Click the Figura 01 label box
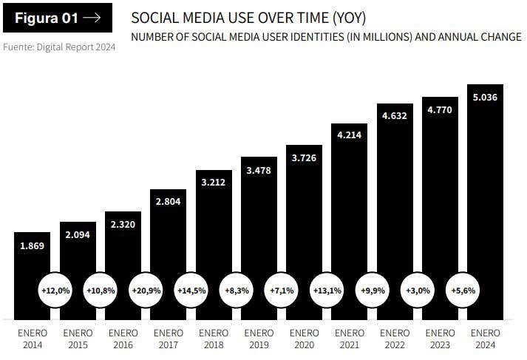pyautogui.click(x=58, y=18)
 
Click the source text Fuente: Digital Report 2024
pyautogui.click(x=58, y=47)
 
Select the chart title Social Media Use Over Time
pyautogui.click(x=248, y=17)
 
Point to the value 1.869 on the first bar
pyautogui.click(x=33, y=246)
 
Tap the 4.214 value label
pyautogui.click(x=349, y=135)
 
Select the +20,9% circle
pyautogui.click(x=146, y=291)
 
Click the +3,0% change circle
pyautogui.click(x=416, y=291)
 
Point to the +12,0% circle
pyautogui.click(x=55, y=291)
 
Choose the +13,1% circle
pyautogui.click(x=326, y=291)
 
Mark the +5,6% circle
pyautogui.click(x=463, y=291)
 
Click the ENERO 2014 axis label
pyautogui.click(x=33, y=339)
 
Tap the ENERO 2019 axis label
pyautogui.click(x=259, y=339)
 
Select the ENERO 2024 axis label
pyautogui.click(x=485, y=339)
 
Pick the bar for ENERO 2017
pyautogui.click(x=169, y=244)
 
